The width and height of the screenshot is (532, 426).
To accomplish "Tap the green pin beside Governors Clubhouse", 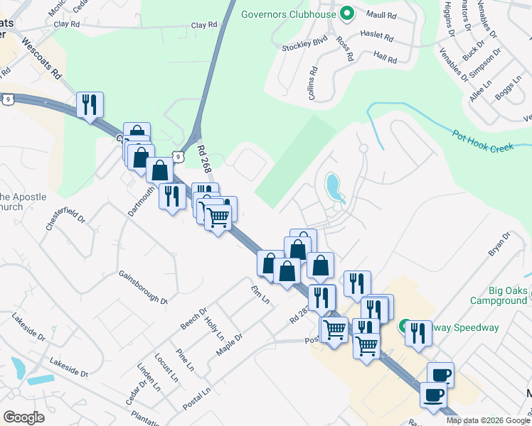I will (x=347, y=13).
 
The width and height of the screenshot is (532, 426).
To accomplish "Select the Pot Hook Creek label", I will (x=483, y=140).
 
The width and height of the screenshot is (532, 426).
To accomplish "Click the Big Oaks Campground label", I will (x=498, y=295).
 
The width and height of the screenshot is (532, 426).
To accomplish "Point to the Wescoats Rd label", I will (x=42, y=58).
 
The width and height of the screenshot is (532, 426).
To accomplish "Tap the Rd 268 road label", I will (x=206, y=159).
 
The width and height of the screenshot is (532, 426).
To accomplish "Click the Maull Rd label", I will (x=380, y=14).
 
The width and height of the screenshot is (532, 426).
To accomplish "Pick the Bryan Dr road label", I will (x=499, y=244).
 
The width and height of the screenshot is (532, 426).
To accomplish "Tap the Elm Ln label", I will (x=260, y=293).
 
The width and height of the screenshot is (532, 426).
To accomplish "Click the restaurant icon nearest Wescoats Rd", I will (x=90, y=105).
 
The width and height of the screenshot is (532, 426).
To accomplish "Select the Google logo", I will (x=23, y=417).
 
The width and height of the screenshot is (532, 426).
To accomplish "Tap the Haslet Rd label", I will (x=377, y=35).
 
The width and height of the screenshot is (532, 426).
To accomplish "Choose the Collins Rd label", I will (x=312, y=83).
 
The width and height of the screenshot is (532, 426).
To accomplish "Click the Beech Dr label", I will (x=193, y=318).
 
